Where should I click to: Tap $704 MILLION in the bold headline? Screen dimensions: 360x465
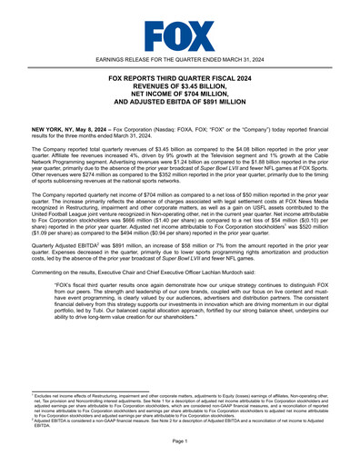click(x=202, y=97)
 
